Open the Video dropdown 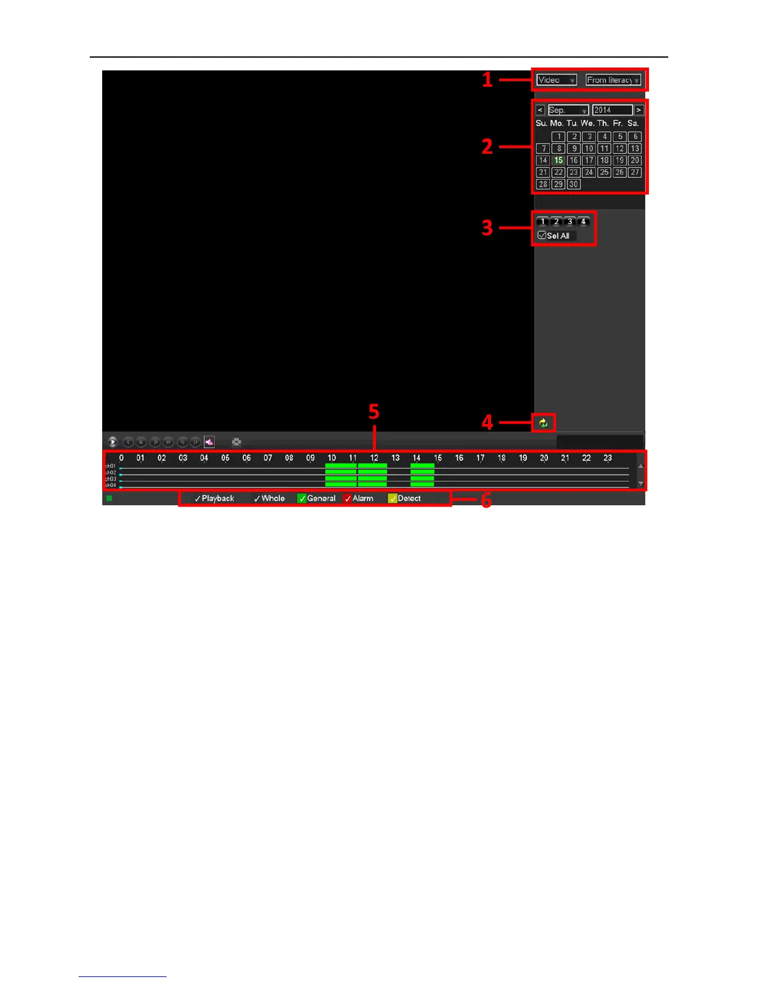coord(556,80)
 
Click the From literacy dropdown coord(613,80)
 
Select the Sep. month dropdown coord(568,110)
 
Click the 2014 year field coord(612,110)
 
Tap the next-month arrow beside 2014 coord(638,110)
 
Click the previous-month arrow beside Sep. coord(540,110)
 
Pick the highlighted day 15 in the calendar coord(558,161)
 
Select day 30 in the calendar coord(573,184)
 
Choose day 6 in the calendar coord(635,136)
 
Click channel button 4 coord(583,221)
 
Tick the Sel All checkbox coord(542,236)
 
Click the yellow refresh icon coord(543,423)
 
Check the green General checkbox coord(302,498)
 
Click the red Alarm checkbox coord(347,498)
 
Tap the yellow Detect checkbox coord(392,498)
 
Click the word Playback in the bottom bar coord(217,498)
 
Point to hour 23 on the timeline coord(608,458)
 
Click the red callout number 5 coord(373,412)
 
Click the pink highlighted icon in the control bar coord(209,442)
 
